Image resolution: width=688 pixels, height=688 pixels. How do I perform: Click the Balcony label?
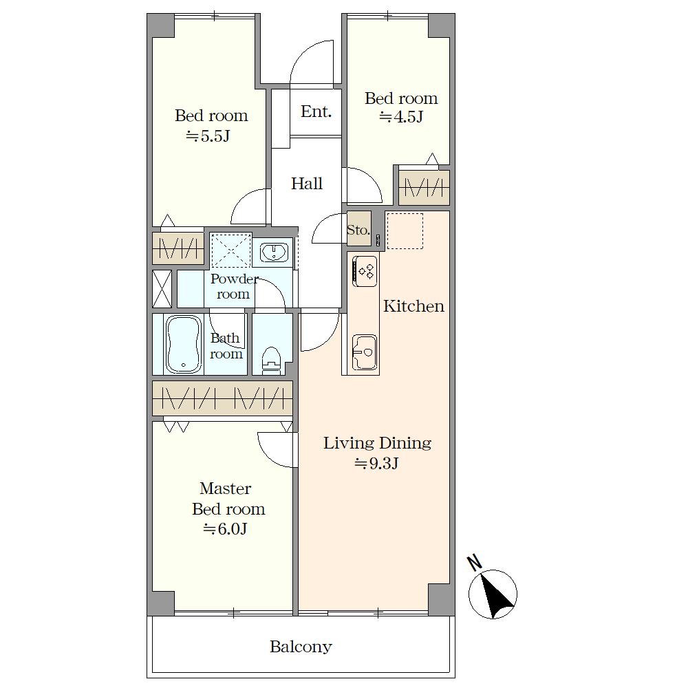point(301,647)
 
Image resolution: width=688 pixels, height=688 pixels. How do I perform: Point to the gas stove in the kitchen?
point(365,271)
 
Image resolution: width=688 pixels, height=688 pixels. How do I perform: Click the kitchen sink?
point(365,352)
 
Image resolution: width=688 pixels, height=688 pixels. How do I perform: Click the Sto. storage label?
point(358,230)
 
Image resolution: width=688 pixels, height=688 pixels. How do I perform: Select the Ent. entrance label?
point(316,111)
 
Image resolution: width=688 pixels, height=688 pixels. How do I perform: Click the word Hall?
point(307,184)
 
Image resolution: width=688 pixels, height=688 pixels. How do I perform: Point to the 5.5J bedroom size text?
point(208,136)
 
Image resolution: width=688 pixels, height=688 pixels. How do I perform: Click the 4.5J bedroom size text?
point(401,117)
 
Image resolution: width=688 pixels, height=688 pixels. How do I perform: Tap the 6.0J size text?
point(225,528)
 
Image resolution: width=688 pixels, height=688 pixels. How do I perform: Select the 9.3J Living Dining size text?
point(376,463)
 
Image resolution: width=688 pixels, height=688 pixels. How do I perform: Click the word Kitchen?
point(413,306)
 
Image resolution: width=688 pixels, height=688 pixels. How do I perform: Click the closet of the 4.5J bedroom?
point(424,188)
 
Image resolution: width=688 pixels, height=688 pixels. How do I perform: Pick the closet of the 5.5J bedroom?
point(178,248)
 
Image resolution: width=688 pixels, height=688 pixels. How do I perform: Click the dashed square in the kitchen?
point(405,231)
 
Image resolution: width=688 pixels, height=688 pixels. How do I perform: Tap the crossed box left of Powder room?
point(162,289)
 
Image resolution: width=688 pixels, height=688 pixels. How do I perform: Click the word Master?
point(225,488)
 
